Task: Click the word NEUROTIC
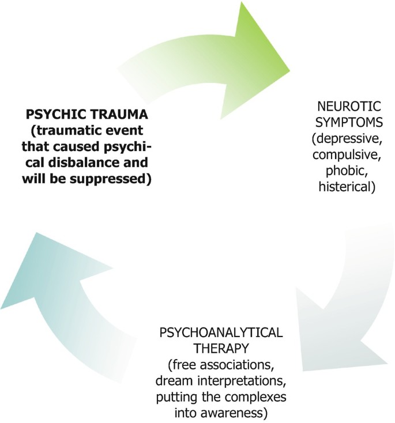coord(342,107)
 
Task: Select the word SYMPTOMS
coord(342,123)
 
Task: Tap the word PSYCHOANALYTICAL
coord(219,334)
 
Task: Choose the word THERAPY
coord(219,349)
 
